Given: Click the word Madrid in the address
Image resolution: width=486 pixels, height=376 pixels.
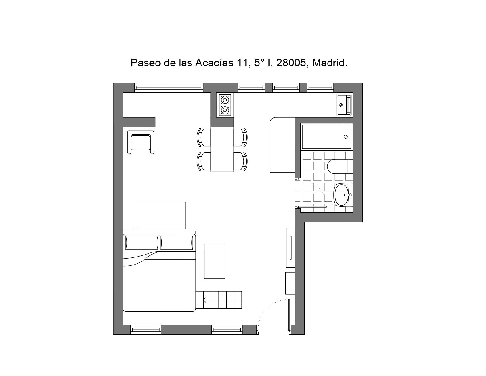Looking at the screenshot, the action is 329,63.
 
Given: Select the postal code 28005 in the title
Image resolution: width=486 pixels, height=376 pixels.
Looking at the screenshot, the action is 291,63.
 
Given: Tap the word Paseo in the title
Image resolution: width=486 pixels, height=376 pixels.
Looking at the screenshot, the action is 146,63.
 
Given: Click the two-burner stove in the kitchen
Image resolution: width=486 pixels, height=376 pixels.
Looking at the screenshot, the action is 225,105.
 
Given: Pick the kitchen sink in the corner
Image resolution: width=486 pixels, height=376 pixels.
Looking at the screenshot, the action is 344,105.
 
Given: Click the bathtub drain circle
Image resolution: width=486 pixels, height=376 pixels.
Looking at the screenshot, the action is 346,137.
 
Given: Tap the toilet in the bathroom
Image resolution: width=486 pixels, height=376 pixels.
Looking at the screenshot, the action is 340,166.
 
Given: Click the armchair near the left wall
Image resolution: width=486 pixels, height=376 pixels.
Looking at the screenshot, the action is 141,142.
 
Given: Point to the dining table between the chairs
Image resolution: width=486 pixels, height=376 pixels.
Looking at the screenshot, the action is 222,150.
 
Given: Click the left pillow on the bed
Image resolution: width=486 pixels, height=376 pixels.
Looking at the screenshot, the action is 142,242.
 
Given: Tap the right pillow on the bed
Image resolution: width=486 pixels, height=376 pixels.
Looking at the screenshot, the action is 177,242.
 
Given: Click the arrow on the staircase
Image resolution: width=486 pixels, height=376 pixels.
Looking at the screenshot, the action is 204,300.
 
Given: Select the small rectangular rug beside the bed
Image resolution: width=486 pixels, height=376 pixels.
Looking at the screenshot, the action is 214,261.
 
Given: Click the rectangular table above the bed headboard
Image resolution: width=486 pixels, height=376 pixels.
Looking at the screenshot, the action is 159,216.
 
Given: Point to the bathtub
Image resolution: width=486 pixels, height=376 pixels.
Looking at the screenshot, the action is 327,137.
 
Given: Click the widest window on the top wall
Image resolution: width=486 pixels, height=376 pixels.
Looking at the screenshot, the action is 169,88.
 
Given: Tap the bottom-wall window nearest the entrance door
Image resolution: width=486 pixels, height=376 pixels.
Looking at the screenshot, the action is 227,330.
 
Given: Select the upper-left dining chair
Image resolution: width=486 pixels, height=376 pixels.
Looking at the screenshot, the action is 204,137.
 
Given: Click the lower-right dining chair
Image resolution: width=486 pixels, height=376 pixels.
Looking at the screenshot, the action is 241,161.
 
